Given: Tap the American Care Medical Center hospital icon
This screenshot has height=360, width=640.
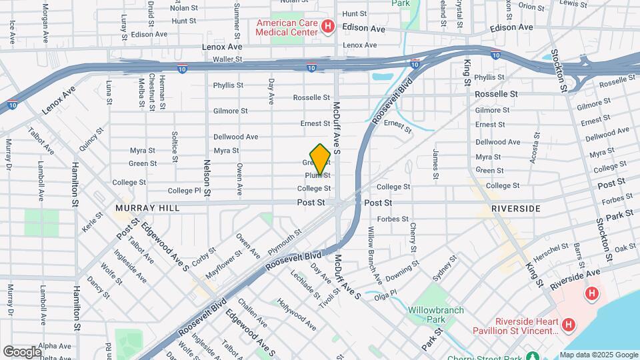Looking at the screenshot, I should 327,27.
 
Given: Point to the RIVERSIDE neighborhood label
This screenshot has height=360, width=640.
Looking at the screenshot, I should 515,208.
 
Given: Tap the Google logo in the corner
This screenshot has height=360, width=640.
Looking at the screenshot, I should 22,351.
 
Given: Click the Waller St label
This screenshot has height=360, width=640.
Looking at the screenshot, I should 226,59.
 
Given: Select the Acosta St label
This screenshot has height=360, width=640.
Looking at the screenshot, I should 535,147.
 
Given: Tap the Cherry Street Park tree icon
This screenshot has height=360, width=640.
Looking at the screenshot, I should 532,355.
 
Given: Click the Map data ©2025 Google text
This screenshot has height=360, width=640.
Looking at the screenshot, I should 599,355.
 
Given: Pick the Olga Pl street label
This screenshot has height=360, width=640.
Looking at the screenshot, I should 385,295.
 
